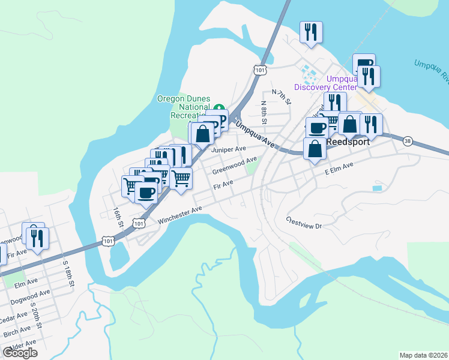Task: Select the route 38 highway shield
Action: pyautogui.click(x=408, y=140)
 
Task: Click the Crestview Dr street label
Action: pyautogui.click(x=304, y=223)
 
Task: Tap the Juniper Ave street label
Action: pyautogui.click(x=229, y=149)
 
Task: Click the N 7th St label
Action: pyautogui.click(x=281, y=97)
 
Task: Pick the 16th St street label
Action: pyautogui.click(x=118, y=218)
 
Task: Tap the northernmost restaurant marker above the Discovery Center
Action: pyautogui.click(x=311, y=32)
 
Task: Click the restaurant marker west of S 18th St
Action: pyautogui.click(x=36, y=238)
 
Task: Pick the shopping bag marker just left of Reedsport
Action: pyautogui.click(x=315, y=148)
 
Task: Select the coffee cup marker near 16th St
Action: pyautogui.click(x=145, y=193)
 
